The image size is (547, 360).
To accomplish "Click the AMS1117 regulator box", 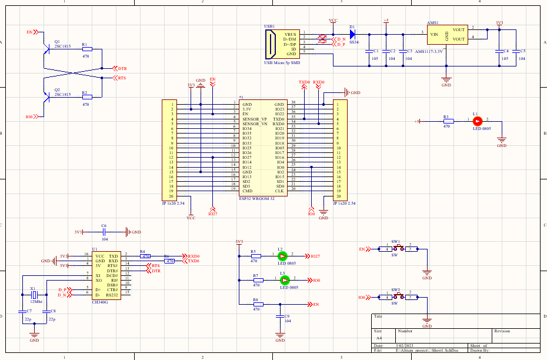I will (446, 35).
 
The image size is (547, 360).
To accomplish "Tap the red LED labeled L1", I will (477, 121).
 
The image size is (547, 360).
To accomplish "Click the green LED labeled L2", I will (282, 256).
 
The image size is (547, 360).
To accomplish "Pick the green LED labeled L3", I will (283, 280).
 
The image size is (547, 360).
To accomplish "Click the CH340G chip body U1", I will (106, 275).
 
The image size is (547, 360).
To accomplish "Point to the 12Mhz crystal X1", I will (34, 294).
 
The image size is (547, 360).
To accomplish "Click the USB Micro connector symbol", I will (272, 44).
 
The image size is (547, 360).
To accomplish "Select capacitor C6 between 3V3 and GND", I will (104, 232).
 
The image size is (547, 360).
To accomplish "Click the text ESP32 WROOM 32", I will (256, 199).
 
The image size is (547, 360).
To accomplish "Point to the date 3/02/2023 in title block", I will (405, 345).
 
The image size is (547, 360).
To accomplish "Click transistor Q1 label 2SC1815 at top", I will (62, 46).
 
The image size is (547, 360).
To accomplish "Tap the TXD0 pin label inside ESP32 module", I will (279, 119).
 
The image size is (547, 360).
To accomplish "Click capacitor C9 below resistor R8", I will (280, 316).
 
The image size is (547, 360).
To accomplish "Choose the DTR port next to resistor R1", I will (119, 68).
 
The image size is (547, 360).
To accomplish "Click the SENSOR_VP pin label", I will (254, 119).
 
